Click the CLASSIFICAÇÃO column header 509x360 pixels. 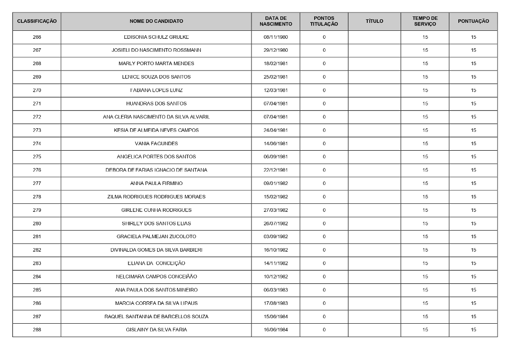[x=37, y=21]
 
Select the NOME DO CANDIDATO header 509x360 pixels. [x=156, y=21]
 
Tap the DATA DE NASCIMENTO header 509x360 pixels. [x=275, y=21]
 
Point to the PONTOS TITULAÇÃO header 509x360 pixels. [x=324, y=21]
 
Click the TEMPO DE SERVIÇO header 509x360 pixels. [x=425, y=21]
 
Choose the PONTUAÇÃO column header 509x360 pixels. [x=473, y=21]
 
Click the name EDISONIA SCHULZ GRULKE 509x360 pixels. [x=156, y=37]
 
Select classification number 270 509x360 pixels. [x=37, y=90]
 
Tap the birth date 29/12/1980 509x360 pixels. [x=275, y=50]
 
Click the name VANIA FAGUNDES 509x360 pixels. [x=156, y=144]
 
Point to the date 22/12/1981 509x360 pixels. [x=275, y=170]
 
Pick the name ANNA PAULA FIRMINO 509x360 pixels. [x=156, y=183]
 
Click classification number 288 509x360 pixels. [x=37, y=330]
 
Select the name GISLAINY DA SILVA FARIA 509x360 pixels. [x=156, y=330]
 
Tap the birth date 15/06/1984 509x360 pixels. [x=275, y=317]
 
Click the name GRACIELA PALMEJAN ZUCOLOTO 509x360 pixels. [x=156, y=237]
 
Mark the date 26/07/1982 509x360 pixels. [x=275, y=223]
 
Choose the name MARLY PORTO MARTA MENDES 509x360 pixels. [x=156, y=64]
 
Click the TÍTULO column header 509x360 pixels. [x=374, y=21]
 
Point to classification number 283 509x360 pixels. [x=37, y=264]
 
